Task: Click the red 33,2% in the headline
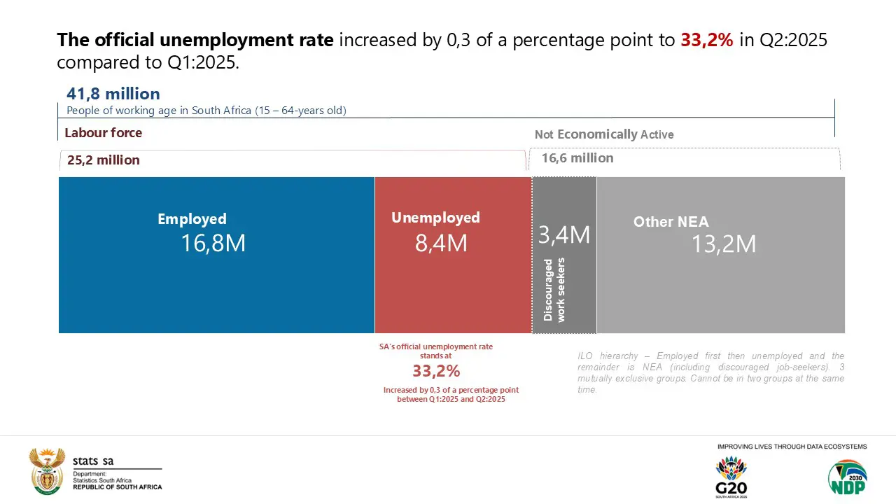[707, 40]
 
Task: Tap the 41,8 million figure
[113, 94]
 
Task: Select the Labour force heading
[103, 133]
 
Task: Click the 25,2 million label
[104, 160]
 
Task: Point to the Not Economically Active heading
[604, 134]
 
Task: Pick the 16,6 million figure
[577, 158]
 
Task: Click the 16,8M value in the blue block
[213, 243]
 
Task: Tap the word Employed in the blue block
[192, 219]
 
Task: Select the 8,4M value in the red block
[441, 243]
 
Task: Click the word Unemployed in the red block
[435, 218]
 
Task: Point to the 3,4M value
[564, 234]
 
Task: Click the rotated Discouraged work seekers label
[554, 290]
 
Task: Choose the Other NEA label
[671, 222]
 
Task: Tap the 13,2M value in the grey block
[724, 244]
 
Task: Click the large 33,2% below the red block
[436, 371]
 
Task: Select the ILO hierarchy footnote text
[710, 372]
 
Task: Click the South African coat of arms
[47, 471]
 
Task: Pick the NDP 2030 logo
[847, 477]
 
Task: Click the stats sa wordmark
[93, 461]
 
